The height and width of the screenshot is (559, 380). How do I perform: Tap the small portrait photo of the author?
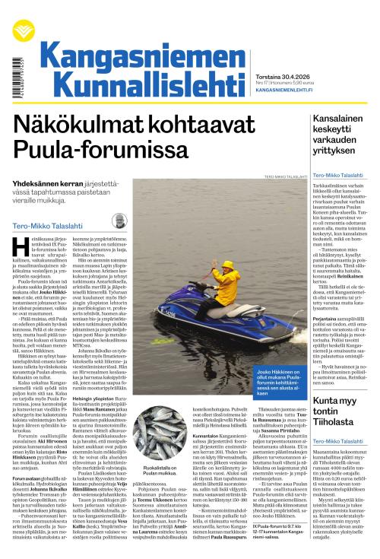point(118,221)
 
